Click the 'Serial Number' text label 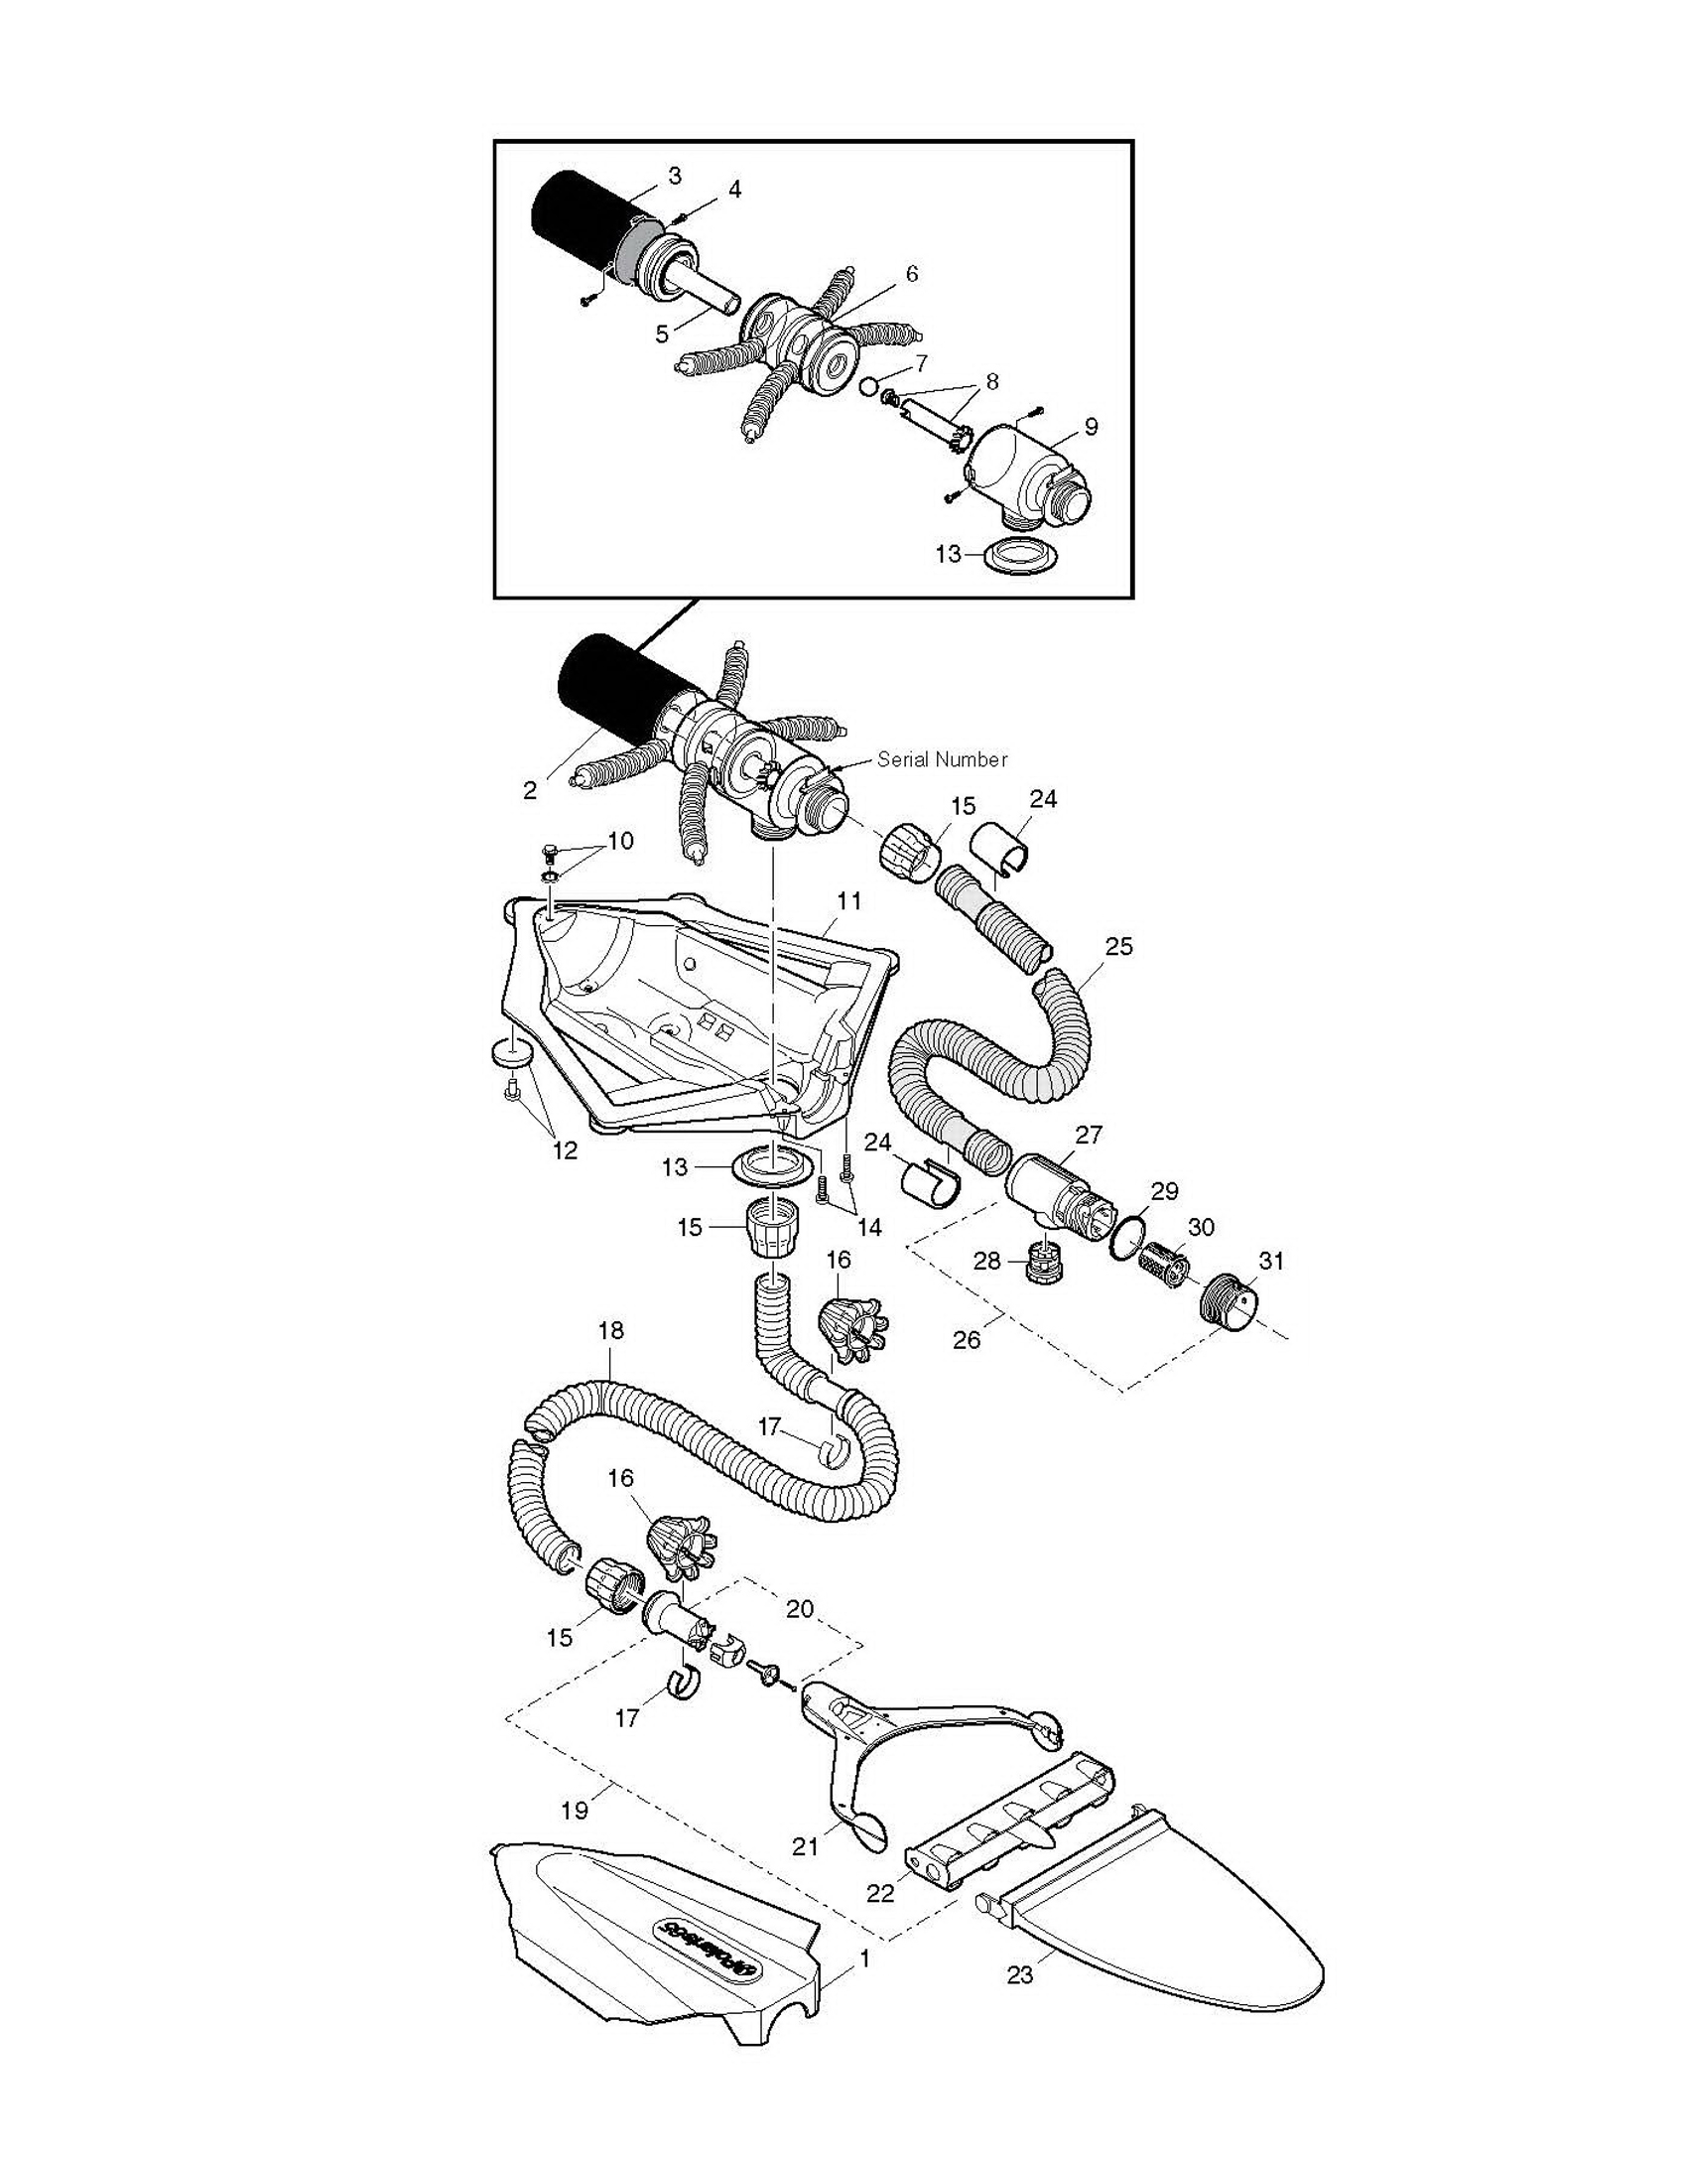coord(942,759)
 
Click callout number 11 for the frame coord(849,901)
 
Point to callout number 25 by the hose coord(1118,946)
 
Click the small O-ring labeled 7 coord(869,386)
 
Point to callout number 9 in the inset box coord(1091,427)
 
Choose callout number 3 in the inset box coord(675,176)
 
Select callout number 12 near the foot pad coord(565,1150)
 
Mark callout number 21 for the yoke coord(805,1845)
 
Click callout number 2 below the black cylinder coord(530,790)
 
